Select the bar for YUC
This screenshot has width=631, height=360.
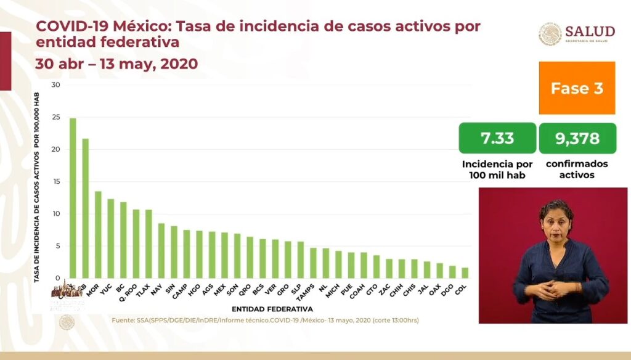click(x=110, y=238)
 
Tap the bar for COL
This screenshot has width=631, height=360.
click(x=465, y=272)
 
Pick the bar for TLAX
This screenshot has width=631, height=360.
click(x=149, y=243)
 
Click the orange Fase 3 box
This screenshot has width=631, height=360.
click(x=577, y=88)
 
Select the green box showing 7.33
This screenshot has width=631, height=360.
click(x=497, y=138)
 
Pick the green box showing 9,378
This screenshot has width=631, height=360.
click(x=577, y=138)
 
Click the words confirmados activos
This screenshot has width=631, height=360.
click(x=577, y=169)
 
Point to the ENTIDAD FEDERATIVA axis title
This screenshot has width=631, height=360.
click(x=272, y=308)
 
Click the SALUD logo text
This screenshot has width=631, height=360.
click(x=590, y=31)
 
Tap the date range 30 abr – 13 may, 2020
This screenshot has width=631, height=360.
click(x=116, y=63)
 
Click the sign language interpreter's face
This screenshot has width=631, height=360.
click(x=556, y=220)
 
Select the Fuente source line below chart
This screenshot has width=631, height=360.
click(x=265, y=321)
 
